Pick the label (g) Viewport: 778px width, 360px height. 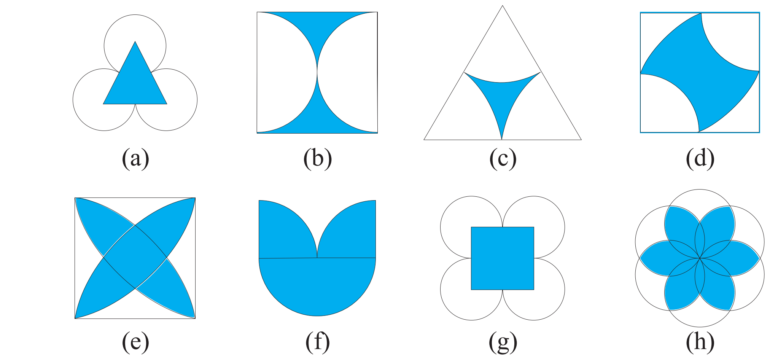point(503,342)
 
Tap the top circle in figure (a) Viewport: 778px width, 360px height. point(135,15)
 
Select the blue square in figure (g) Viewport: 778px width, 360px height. point(503,258)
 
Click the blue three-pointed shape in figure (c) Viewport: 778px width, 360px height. point(502,99)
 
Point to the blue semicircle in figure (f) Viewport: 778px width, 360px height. point(317,285)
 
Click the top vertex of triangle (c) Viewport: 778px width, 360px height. point(503,5)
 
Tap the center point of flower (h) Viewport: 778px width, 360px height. point(700,258)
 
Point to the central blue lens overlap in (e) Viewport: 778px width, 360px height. point(135,258)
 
